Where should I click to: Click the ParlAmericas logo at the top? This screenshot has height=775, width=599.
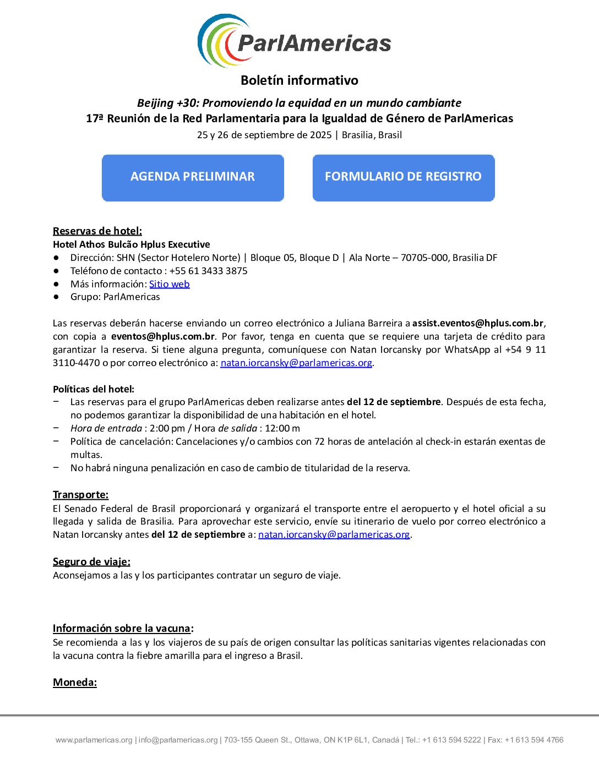(295, 41)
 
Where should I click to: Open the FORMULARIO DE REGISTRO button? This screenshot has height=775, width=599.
(404, 177)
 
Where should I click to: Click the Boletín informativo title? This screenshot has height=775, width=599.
(299, 80)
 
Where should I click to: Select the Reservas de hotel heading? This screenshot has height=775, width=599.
(97, 231)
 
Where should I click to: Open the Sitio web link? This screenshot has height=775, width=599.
(170, 284)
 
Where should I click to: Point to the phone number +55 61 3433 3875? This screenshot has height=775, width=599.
(208, 271)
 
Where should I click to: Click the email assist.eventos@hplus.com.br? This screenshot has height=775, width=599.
(478, 323)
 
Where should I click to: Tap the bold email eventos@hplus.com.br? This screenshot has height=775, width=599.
(163, 336)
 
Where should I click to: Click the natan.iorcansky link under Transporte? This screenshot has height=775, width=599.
(334, 534)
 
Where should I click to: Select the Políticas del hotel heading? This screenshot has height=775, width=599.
(94, 389)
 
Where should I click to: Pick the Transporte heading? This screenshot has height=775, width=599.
(81, 494)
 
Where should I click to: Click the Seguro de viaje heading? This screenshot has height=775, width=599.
(91, 561)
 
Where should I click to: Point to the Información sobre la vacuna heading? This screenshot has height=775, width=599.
(122, 628)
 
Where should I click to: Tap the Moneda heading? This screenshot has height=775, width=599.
(75, 682)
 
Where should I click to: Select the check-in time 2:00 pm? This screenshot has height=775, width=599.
(166, 428)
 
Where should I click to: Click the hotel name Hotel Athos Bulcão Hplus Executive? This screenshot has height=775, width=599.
(132, 244)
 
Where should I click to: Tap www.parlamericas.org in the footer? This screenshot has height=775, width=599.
(94, 740)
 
